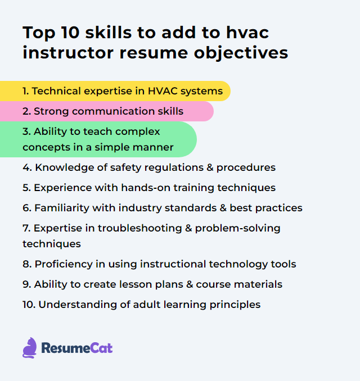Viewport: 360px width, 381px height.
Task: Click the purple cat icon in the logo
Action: click(30, 348)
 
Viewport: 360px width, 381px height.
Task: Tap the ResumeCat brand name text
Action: click(77, 348)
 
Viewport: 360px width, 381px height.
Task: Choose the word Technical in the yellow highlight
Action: click(56, 91)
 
